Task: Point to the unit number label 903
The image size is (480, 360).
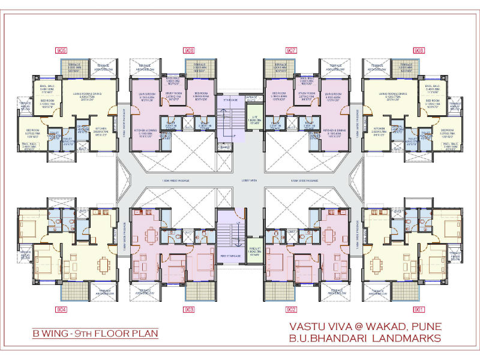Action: coord(190,310)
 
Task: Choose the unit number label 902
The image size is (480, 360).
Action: coord(292,310)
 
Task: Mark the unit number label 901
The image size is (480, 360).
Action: coord(418,310)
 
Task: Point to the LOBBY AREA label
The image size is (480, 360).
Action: coord(240,180)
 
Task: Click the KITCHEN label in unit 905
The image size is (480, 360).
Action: coord(100,131)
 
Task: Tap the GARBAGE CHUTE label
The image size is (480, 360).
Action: coord(251,97)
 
